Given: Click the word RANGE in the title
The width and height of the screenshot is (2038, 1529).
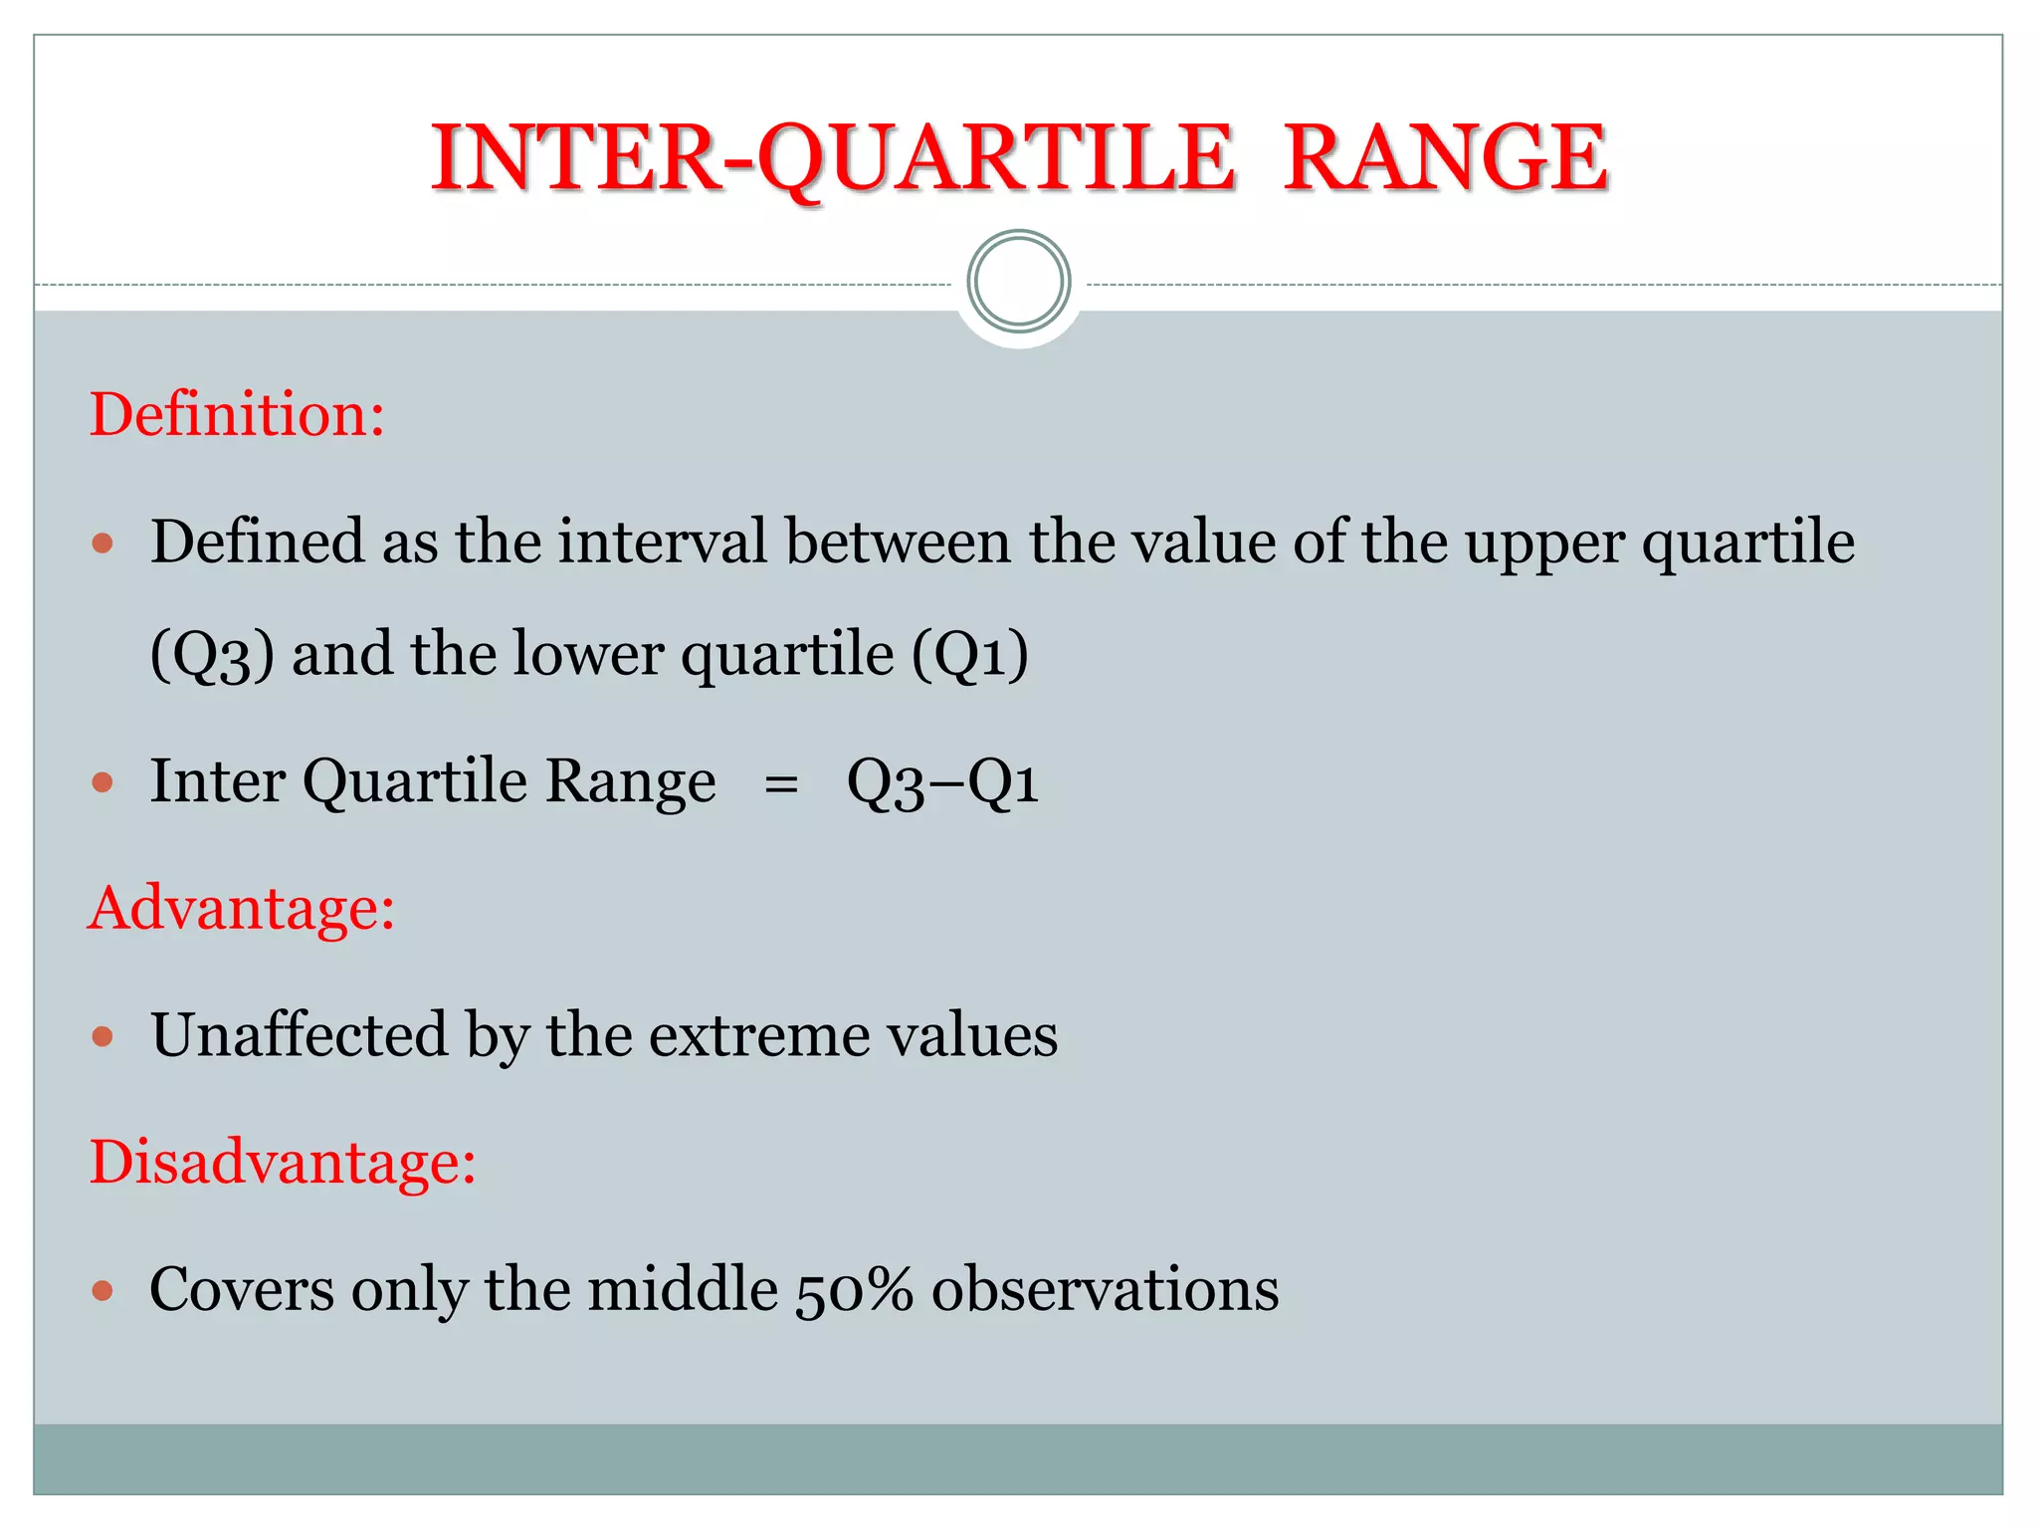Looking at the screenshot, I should click(1444, 158).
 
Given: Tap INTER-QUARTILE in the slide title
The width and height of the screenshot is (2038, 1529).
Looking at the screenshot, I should click(833, 158).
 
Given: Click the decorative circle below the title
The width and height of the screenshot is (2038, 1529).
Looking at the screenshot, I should click(1018, 282).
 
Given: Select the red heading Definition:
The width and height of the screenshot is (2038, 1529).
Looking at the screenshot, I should click(237, 414).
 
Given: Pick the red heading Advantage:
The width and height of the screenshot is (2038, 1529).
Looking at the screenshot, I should click(242, 908).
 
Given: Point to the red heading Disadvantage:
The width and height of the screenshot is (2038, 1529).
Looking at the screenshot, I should click(283, 1162).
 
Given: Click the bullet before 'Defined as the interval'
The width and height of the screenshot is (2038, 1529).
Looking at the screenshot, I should click(102, 544).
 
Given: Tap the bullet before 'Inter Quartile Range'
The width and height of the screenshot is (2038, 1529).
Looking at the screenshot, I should click(102, 782).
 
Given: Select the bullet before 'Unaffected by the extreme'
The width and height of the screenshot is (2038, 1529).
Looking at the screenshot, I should click(102, 1037).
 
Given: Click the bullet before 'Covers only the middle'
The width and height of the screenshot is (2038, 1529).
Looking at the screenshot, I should click(102, 1291).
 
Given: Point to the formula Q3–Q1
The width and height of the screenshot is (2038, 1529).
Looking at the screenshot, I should click(942, 782).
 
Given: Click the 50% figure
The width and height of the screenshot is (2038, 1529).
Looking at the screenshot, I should click(854, 1291).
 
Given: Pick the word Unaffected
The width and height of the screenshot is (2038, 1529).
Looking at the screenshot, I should click(299, 1035).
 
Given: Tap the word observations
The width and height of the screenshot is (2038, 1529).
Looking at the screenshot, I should click(1105, 1290).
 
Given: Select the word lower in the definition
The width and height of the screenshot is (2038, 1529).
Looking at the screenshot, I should click(588, 655).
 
